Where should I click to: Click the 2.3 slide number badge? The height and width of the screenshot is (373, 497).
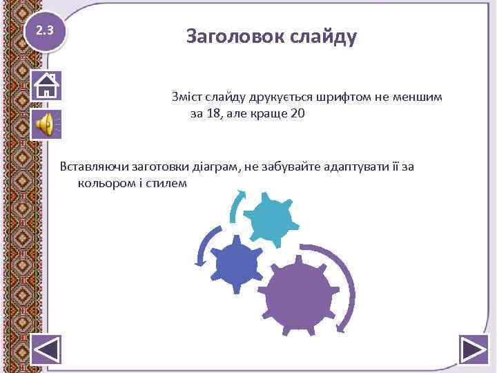45,31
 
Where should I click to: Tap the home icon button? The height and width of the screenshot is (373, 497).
46,85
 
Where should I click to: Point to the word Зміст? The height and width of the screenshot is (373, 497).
188,97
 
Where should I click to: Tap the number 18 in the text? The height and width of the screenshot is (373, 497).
213,113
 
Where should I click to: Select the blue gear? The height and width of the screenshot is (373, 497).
235,263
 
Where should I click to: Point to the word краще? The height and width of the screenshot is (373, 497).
265,113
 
